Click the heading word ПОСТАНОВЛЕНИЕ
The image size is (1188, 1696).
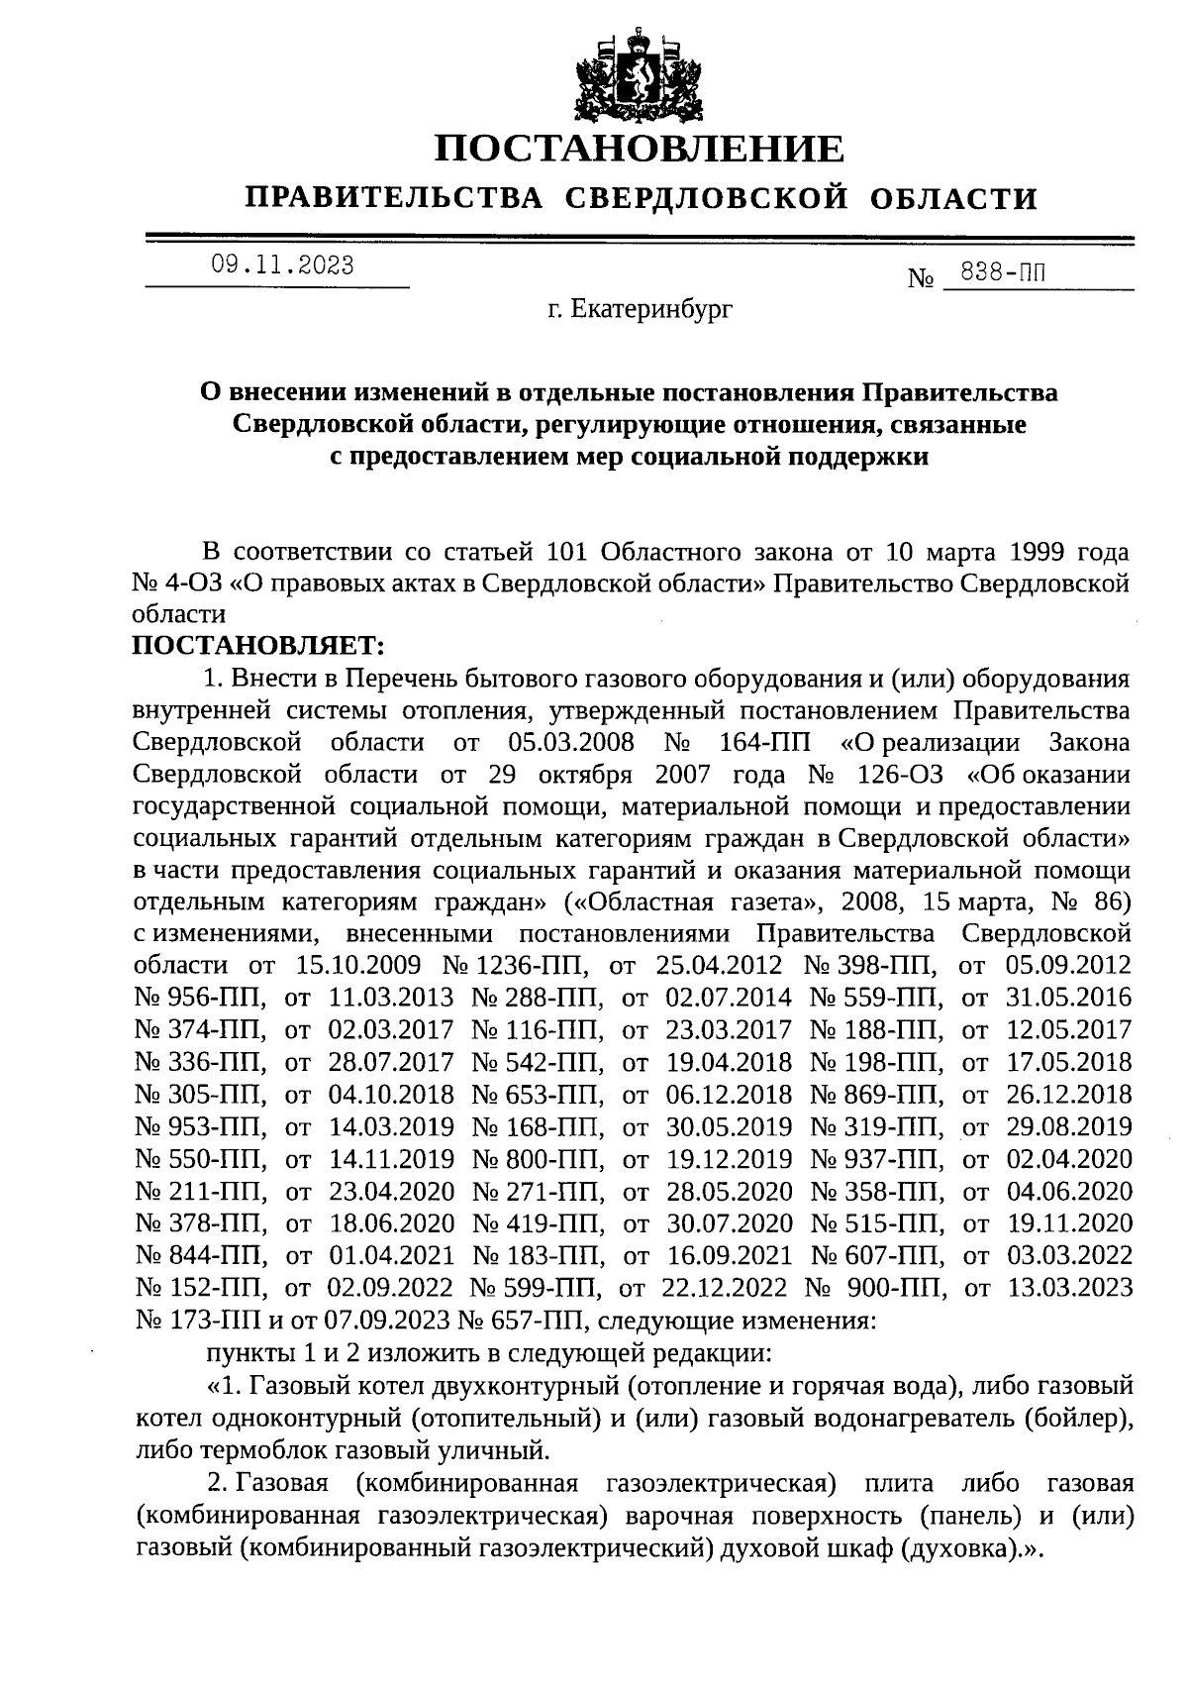pyautogui.click(x=641, y=149)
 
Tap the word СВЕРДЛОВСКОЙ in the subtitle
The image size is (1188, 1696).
pyautogui.click(x=706, y=198)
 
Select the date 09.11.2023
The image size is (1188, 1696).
pyautogui.click(x=282, y=265)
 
